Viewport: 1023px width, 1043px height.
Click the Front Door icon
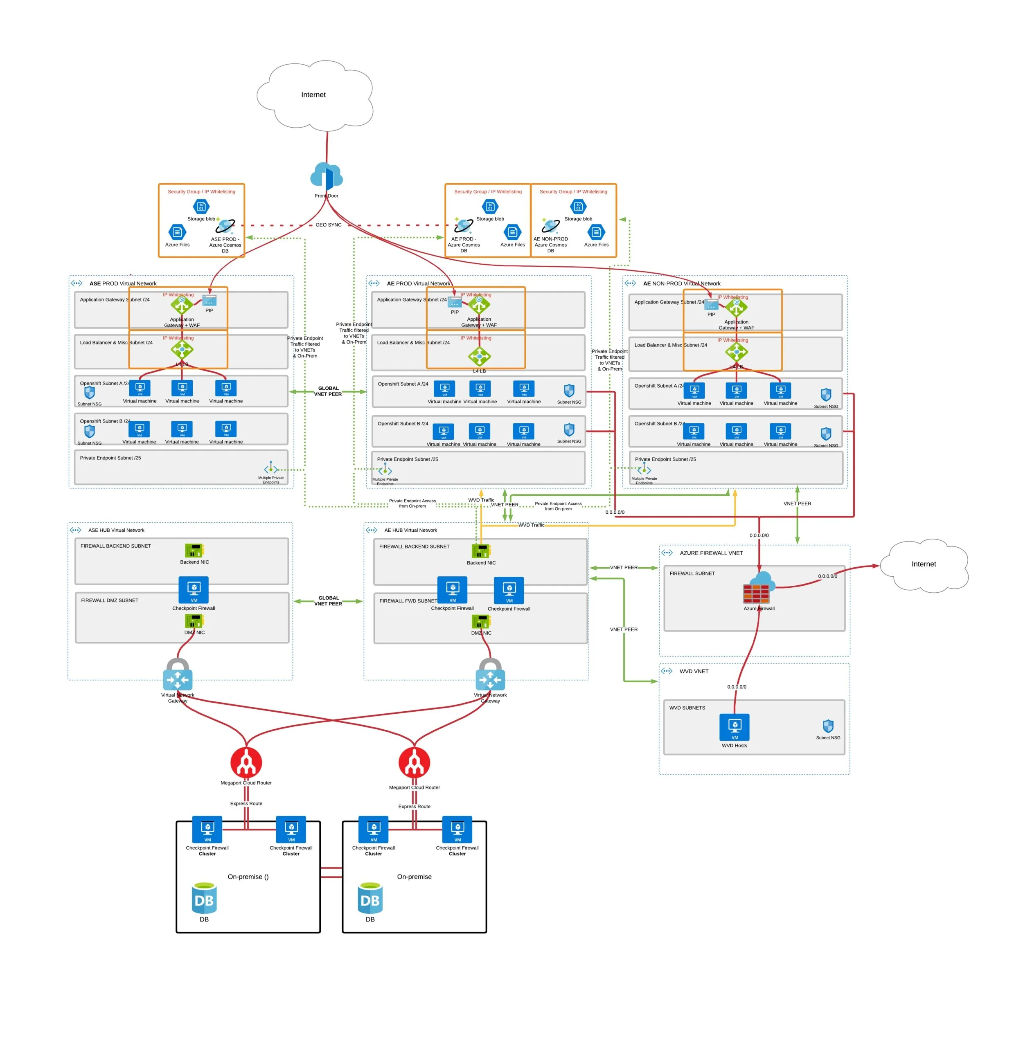click(x=326, y=176)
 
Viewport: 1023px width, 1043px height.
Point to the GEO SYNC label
click(x=328, y=225)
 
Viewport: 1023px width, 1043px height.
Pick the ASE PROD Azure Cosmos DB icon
click(x=225, y=226)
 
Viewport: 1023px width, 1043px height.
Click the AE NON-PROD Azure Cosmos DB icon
click(x=550, y=226)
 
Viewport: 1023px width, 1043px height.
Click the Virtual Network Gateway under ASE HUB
click(x=177, y=676)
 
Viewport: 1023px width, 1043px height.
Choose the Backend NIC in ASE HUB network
click(x=194, y=551)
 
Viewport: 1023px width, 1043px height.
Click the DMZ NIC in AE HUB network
click(x=481, y=621)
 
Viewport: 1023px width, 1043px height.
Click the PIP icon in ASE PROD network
click(x=209, y=300)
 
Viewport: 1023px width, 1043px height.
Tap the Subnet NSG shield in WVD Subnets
click(x=828, y=726)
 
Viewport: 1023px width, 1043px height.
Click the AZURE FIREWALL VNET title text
click(x=711, y=553)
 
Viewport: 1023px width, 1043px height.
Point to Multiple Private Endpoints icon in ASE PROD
click(x=271, y=468)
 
